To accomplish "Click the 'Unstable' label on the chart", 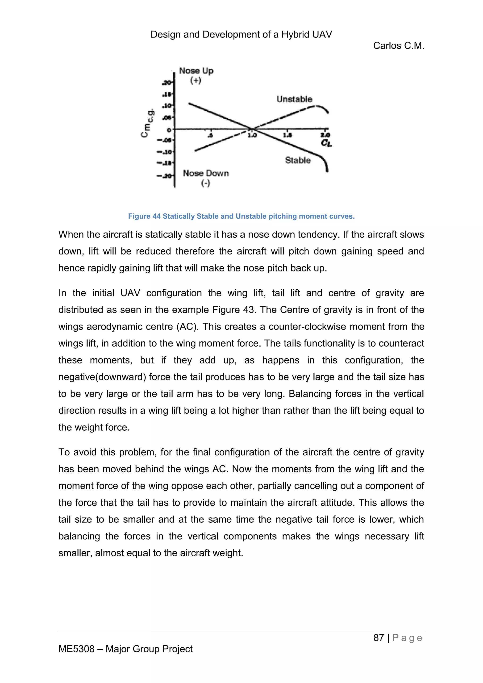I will point(294,99).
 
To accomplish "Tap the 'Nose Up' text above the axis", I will point(196,71).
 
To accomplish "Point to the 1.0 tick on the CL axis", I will point(252,135).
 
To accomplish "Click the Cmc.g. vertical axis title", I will point(147,123).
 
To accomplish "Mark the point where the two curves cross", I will point(252,129).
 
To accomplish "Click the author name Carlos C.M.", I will point(398,46).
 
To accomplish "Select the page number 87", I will point(378,637).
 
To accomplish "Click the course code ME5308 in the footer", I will point(76,649).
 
